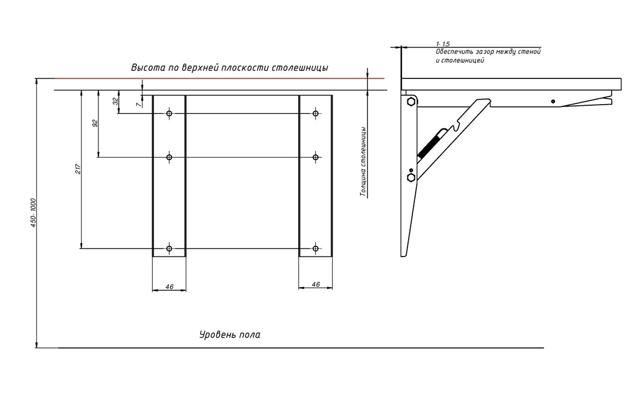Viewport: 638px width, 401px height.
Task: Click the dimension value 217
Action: pyautogui.click(x=78, y=168)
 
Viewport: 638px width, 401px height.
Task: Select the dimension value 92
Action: pyautogui.click(x=95, y=123)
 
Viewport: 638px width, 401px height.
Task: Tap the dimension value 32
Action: pyautogui.click(x=115, y=101)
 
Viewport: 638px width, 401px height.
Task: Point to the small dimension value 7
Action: pyautogui.click(x=139, y=105)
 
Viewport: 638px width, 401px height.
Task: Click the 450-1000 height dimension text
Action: pyautogui.click(x=34, y=213)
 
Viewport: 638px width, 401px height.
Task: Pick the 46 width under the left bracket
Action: pyautogui.click(x=169, y=286)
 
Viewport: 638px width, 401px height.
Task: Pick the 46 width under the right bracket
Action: pyautogui.click(x=316, y=285)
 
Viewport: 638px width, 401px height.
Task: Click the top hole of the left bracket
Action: pyautogui.click(x=169, y=113)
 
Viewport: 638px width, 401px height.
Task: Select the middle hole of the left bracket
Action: pyautogui.click(x=169, y=157)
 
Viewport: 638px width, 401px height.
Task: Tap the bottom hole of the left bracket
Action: pyautogui.click(x=169, y=248)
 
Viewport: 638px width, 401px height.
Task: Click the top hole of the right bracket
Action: pyautogui.click(x=316, y=113)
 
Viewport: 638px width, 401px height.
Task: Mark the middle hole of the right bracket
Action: pyautogui.click(x=316, y=157)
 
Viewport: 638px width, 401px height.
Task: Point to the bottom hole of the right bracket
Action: pyautogui.click(x=316, y=248)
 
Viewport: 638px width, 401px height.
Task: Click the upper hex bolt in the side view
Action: pyautogui.click(x=411, y=101)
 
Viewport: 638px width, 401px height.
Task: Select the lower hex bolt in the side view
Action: pyautogui.click(x=411, y=177)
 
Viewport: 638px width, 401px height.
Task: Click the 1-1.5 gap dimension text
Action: pyautogui.click(x=443, y=44)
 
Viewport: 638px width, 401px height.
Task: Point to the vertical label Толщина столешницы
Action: pyautogui.click(x=363, y=162)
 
